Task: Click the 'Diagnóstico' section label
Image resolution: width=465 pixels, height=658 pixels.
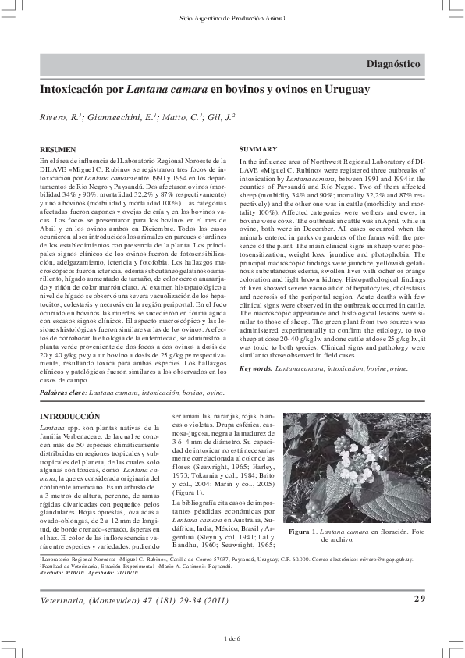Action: click(393, 64)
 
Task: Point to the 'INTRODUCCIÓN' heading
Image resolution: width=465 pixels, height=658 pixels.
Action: click(70, 418)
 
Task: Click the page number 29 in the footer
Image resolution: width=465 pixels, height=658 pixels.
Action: click(418, 599)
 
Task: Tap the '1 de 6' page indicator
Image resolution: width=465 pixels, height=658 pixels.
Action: click(232, 639)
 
